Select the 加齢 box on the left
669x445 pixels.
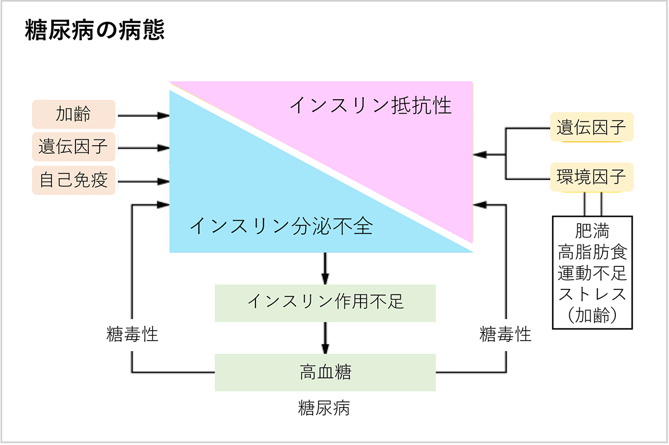coord(73,114)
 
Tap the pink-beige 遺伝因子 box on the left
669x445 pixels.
coord(73,147)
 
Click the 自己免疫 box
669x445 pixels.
coord(73,180)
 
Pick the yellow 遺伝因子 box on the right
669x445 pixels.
coord(591,128)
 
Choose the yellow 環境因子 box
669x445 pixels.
coord(591,177)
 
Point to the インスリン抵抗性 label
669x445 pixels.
coord(370,105)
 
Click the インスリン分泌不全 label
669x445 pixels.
coord(281,226)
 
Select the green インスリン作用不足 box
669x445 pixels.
coord(325,302)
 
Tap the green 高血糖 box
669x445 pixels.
coord(325,372)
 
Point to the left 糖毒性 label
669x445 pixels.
coord(133,334)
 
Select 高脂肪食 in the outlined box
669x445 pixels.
coord(592,252)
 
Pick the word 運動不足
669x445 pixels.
coord(592,273)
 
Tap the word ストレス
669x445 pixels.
coord(592,294)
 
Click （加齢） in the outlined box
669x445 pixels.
coord(592,315)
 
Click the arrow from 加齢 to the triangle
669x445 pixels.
coord(143,115)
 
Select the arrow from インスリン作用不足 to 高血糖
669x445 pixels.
coord(325,338)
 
